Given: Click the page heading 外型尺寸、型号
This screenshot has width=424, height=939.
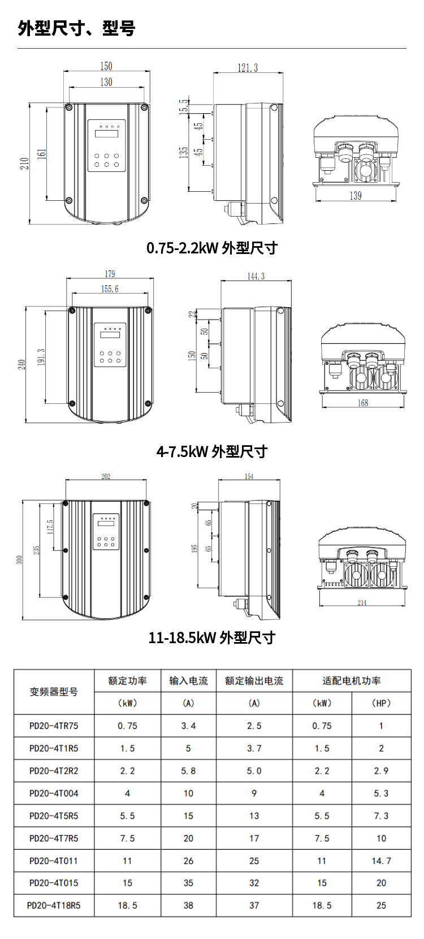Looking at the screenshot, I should tap(76, 28).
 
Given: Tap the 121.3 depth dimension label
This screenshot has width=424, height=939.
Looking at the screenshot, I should tap(248, 68).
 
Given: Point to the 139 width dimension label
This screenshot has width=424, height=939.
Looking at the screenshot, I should tap(356, 196).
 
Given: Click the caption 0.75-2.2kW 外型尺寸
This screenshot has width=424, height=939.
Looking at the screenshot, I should tap(212, 248).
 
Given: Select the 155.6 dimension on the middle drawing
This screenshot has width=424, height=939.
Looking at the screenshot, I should tap(110, 289).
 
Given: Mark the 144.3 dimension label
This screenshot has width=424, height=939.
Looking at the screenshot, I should tap(256, 276).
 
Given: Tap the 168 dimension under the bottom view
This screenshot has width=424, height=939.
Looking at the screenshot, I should tap(363, 403).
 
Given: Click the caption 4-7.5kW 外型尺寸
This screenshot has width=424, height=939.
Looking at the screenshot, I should tap(212, 451).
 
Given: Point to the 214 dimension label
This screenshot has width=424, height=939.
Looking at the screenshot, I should tap(362, 602).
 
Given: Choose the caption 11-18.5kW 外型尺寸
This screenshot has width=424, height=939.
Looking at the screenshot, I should tap(212, 638).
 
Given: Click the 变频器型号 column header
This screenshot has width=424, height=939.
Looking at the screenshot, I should tap(54, 692).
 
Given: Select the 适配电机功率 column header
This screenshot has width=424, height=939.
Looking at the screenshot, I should tap(352, 680).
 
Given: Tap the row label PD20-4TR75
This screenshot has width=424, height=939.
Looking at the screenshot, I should tap(54, 726).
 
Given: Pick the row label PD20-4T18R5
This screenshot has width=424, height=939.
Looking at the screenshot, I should tap(54, 906).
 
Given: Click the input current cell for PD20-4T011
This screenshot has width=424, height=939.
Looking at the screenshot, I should tap(188, 861).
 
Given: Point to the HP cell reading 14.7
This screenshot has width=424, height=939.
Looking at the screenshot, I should tap(381, 861).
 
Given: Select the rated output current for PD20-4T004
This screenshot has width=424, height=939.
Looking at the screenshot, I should tap(254, 794).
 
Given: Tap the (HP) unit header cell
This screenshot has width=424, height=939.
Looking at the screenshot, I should tap(381, 703).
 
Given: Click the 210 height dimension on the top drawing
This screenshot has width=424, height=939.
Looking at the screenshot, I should tap(24, 163).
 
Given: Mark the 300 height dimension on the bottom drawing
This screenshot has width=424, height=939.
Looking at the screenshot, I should tap(19, 559).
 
